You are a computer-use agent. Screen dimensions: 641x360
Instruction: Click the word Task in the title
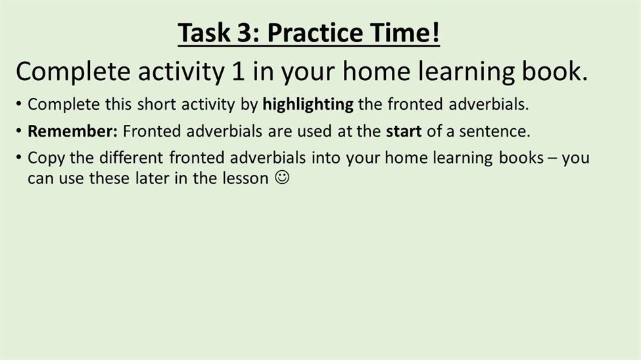point(204,32)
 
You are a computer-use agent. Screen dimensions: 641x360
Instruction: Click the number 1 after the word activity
point(238,71)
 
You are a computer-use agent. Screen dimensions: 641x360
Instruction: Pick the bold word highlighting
point(308,104)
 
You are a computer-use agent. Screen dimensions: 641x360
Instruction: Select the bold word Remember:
point(72,131)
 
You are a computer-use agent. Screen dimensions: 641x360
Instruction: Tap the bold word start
point(404,131)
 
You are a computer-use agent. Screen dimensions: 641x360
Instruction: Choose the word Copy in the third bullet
point(46,158)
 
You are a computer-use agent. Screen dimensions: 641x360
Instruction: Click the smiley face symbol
point(282,177)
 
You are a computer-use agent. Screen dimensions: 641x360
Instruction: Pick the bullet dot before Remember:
point(18,131)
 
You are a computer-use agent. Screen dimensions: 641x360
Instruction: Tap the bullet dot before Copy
point(18,157)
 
